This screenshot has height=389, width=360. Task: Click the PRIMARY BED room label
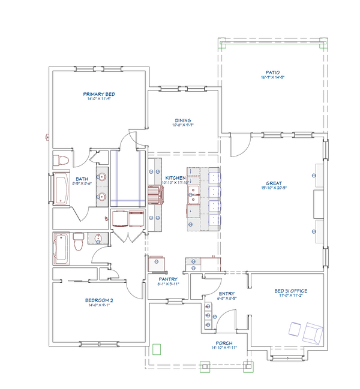point(99,94)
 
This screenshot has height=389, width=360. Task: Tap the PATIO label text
point(274,72)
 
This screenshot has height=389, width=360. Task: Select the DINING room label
point(183,120)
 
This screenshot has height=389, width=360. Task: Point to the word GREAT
point(274,183)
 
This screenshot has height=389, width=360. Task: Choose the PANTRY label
point(166,279)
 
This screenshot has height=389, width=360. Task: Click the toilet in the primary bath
point(60,161)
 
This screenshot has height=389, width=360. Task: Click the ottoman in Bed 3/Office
point(295,329)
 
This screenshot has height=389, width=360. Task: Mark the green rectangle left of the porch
point(157,349)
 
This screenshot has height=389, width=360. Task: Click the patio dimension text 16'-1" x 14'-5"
point(274,77)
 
